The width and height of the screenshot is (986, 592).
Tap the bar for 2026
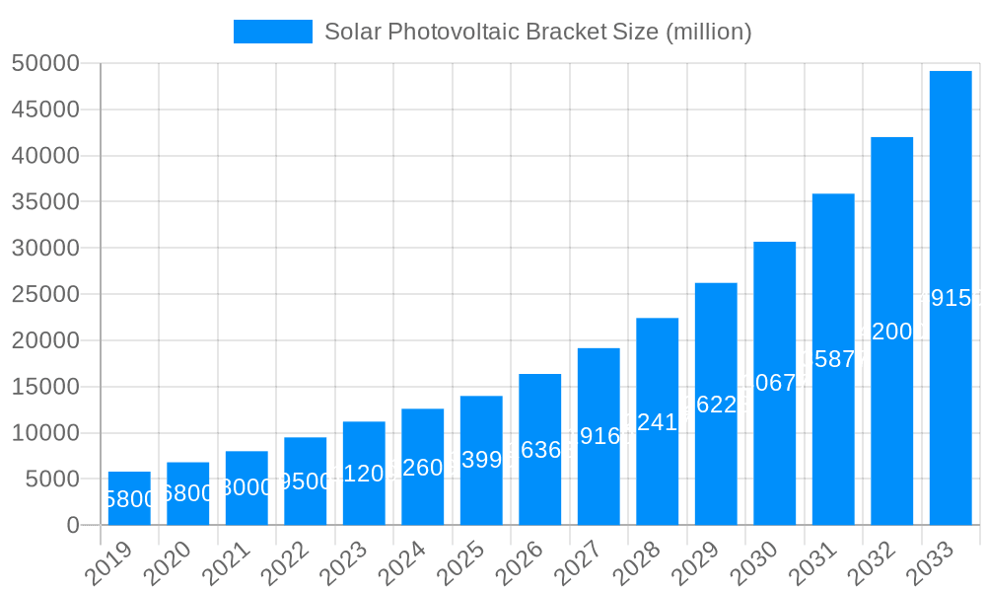539,449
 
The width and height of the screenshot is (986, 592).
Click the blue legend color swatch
272,32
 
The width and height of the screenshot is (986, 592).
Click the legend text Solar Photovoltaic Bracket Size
538,32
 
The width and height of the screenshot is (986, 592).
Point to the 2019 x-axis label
107,566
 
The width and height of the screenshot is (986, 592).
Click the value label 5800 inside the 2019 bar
129,499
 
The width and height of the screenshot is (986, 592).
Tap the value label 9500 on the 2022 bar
305,481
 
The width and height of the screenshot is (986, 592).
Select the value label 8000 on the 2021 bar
246,488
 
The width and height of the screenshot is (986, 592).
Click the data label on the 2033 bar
951,298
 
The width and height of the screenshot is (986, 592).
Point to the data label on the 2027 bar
599,436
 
